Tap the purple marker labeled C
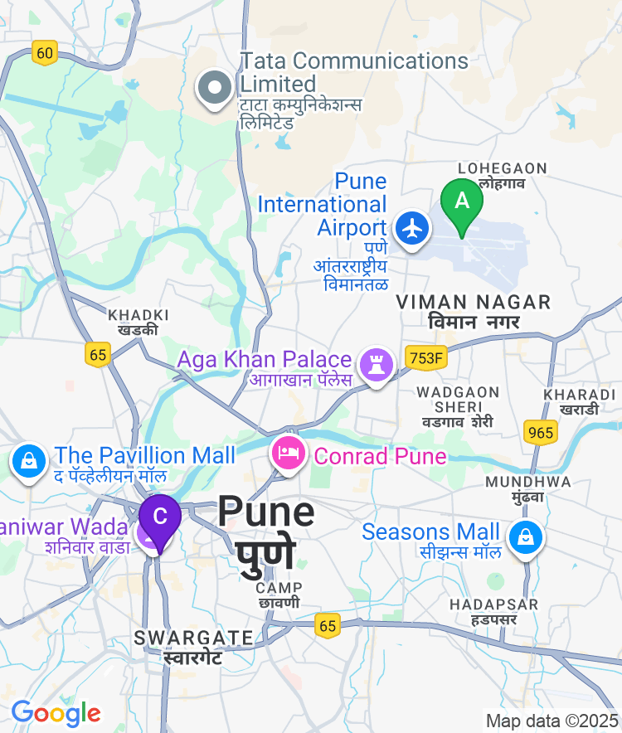tap(160, 517)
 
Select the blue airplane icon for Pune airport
tap(412, 227)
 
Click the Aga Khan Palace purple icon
tap(376, 363)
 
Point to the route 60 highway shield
tap(45, 54)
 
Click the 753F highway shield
tap(427, 357)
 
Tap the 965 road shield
tap(540, 431)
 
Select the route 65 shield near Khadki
tap(98, 354)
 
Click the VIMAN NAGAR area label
tap(474, 302)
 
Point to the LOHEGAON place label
tap(503, 169)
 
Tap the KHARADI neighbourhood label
tap(580, 395)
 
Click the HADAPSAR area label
tap(493, 604)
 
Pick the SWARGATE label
tap(193, 638)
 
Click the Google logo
tap(56, 713)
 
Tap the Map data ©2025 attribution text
tap(552, 721)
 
